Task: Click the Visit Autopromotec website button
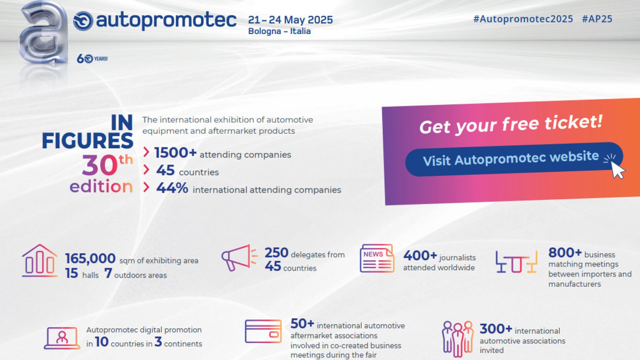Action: click(514, 159)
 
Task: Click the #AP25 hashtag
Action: click(597, 19)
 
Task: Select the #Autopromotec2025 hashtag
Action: click(523, 19)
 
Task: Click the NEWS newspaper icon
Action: click(377, 258)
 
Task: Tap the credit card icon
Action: click(263, 331)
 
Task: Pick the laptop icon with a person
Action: click(62, 338)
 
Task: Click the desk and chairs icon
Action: click(516, 262)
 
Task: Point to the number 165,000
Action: click(90, 258)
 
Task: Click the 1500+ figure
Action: click(175, 153)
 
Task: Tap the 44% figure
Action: click(172, 188)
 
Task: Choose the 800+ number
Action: click(565, 253)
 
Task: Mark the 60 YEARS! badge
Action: click(92, 59)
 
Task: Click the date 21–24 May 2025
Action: click(290, 20)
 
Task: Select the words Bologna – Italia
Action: click(279, 31)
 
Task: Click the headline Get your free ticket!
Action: click(511, 124)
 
